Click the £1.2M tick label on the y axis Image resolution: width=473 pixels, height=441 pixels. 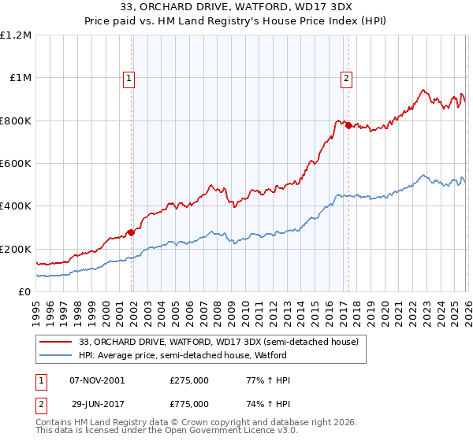16,35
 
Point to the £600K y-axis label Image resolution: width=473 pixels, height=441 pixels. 16,164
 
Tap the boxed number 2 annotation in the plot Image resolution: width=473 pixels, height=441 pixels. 346,77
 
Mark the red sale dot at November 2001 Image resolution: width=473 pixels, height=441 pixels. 132,232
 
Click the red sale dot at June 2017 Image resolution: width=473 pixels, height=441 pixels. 348,125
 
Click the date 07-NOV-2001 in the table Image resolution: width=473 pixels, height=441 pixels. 97,380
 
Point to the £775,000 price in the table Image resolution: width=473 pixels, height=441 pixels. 189,403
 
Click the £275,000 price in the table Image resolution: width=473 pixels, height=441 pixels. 189,380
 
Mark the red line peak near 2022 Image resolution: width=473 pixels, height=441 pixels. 423,90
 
